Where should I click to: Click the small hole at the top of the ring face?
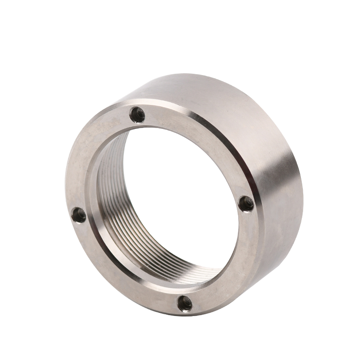click(137, 115)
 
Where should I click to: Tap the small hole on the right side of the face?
click(246, 204)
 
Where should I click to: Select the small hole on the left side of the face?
click(79, 215)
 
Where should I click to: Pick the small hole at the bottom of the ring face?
click(185, 304)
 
